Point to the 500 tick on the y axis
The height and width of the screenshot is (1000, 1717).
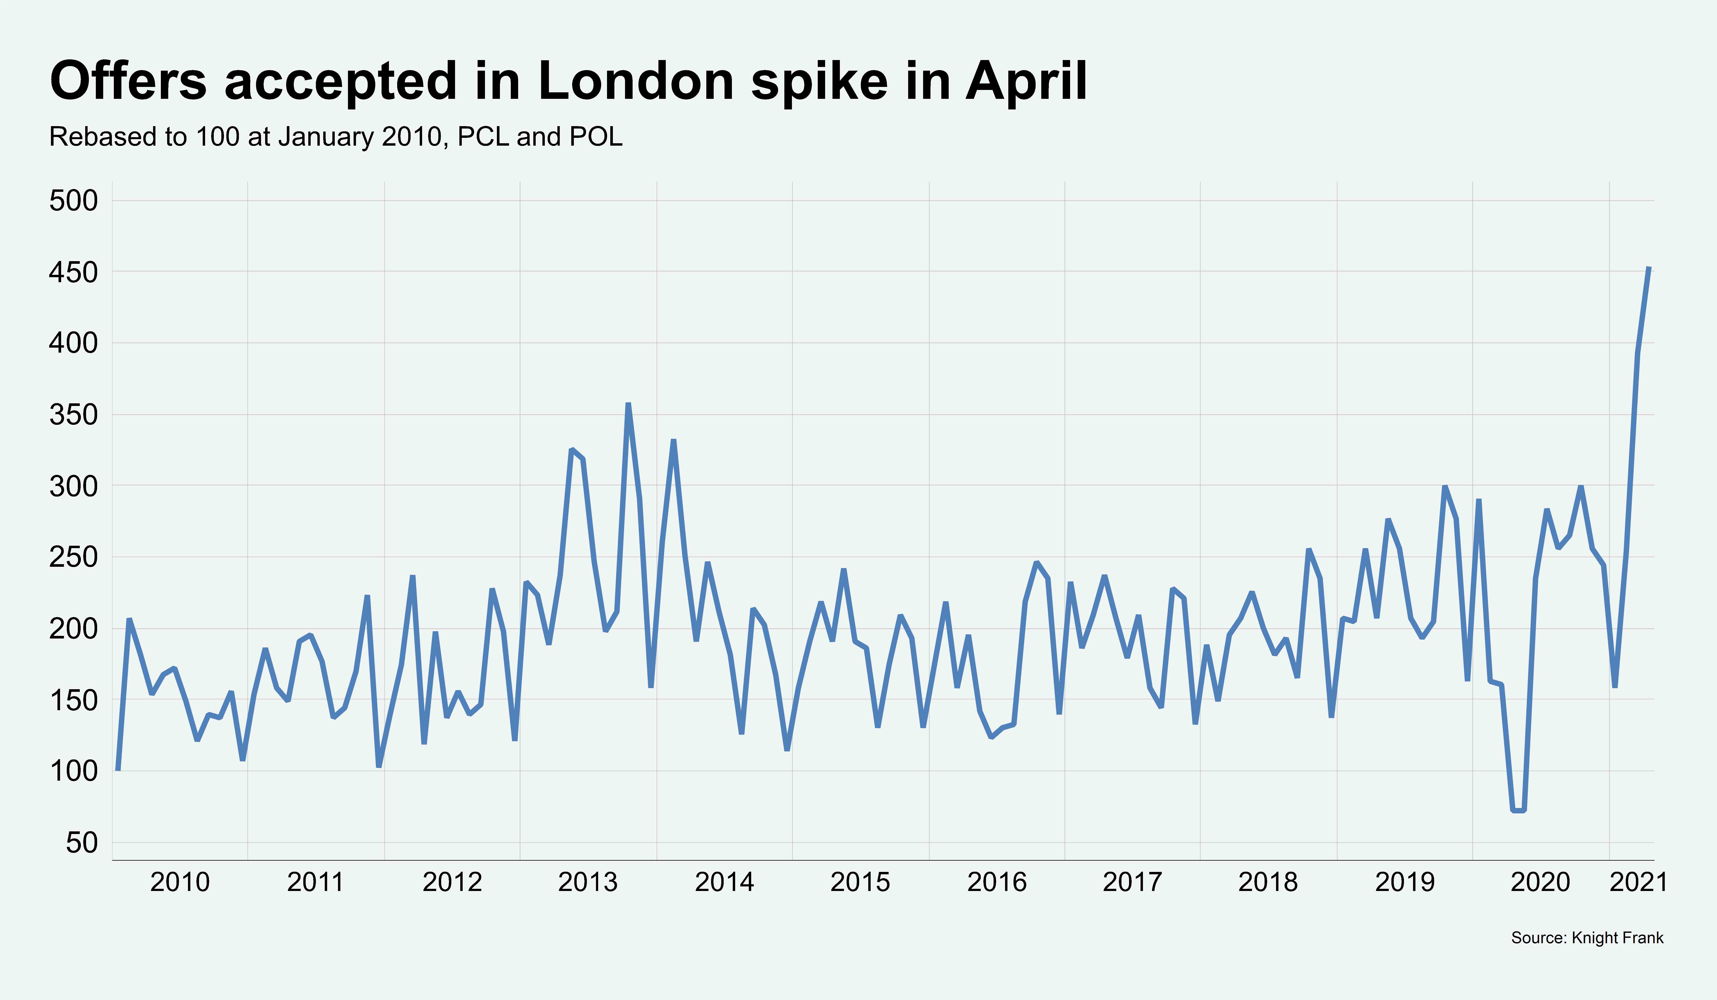[x=73, y=201]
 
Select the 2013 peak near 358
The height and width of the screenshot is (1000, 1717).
[x=628, y=404]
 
